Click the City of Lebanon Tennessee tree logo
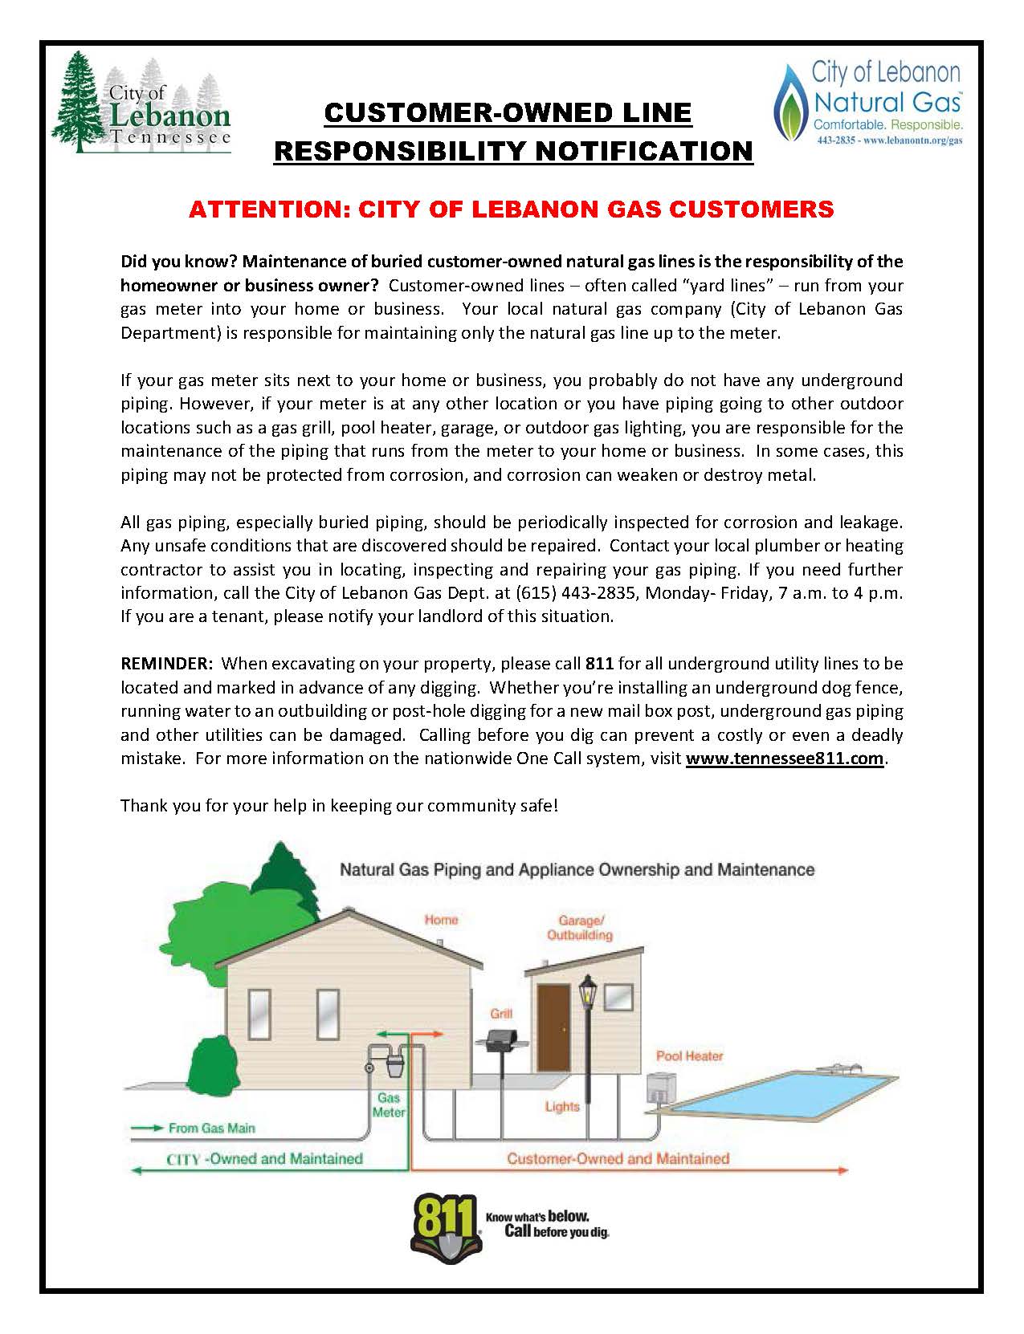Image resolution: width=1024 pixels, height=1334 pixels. (141, 103)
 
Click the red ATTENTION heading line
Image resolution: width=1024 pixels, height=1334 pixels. (511, 209)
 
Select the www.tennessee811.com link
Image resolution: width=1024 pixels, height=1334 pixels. (785, 759)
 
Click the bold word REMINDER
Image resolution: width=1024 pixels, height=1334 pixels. (165, 664)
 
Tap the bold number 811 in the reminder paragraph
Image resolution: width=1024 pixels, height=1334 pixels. (599, 664)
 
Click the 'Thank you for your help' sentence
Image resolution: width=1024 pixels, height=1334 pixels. (339, 805)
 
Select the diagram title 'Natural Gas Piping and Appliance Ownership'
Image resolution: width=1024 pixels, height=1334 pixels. (577, 869)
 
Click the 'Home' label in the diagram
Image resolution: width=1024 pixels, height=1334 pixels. (441, 920)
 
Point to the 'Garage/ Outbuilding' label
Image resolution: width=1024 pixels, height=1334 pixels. (579, 928)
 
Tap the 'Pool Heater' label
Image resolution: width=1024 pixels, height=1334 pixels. (689, 1055)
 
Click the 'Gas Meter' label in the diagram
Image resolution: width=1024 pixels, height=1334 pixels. (389, 1105)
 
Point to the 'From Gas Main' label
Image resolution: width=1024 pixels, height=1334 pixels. (211, 1128)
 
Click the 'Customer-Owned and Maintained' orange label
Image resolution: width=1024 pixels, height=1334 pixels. (618, 1158)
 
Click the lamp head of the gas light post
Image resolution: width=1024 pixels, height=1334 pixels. (589, 992)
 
